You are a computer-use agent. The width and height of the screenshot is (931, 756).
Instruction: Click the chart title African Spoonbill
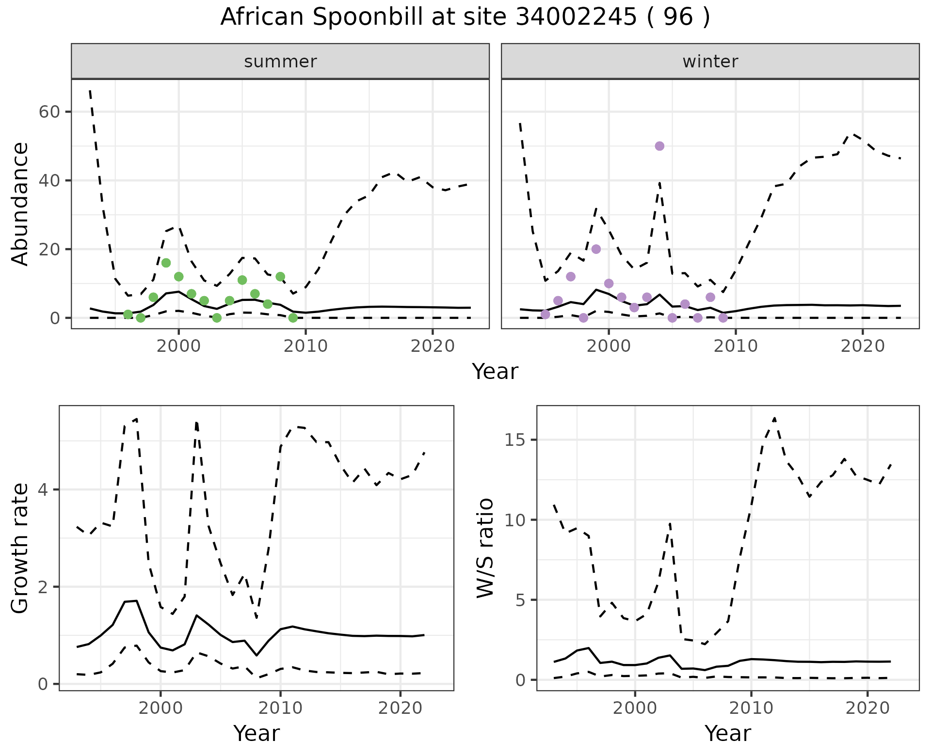(x=465, y=17)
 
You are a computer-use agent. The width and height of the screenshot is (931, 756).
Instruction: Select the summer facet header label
(x=280, y=62)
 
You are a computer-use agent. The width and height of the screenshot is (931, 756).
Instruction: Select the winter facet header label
(x=710, y=62)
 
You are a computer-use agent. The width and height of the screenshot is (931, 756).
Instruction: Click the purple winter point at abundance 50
(x=659, y=146)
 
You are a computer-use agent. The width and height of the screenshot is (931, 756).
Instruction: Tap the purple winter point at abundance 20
(x=596, y=249)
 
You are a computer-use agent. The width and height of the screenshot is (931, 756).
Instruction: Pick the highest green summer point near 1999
(x=166, y=263)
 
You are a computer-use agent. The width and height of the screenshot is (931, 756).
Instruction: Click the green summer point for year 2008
(x=280, y=277)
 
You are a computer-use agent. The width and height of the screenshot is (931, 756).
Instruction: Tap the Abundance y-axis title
(x=20, y=204)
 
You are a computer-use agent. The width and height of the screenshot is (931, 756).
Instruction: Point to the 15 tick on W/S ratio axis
(x=517, y=440)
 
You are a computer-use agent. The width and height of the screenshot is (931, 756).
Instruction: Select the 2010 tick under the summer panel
(x=305, y=346)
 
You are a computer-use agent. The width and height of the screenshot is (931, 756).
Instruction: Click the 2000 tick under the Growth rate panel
(x=161, y=708)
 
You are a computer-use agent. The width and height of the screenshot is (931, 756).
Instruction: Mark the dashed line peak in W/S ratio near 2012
(x=774, y=418)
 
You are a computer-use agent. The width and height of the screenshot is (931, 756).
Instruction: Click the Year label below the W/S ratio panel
(x=727, y=733)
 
